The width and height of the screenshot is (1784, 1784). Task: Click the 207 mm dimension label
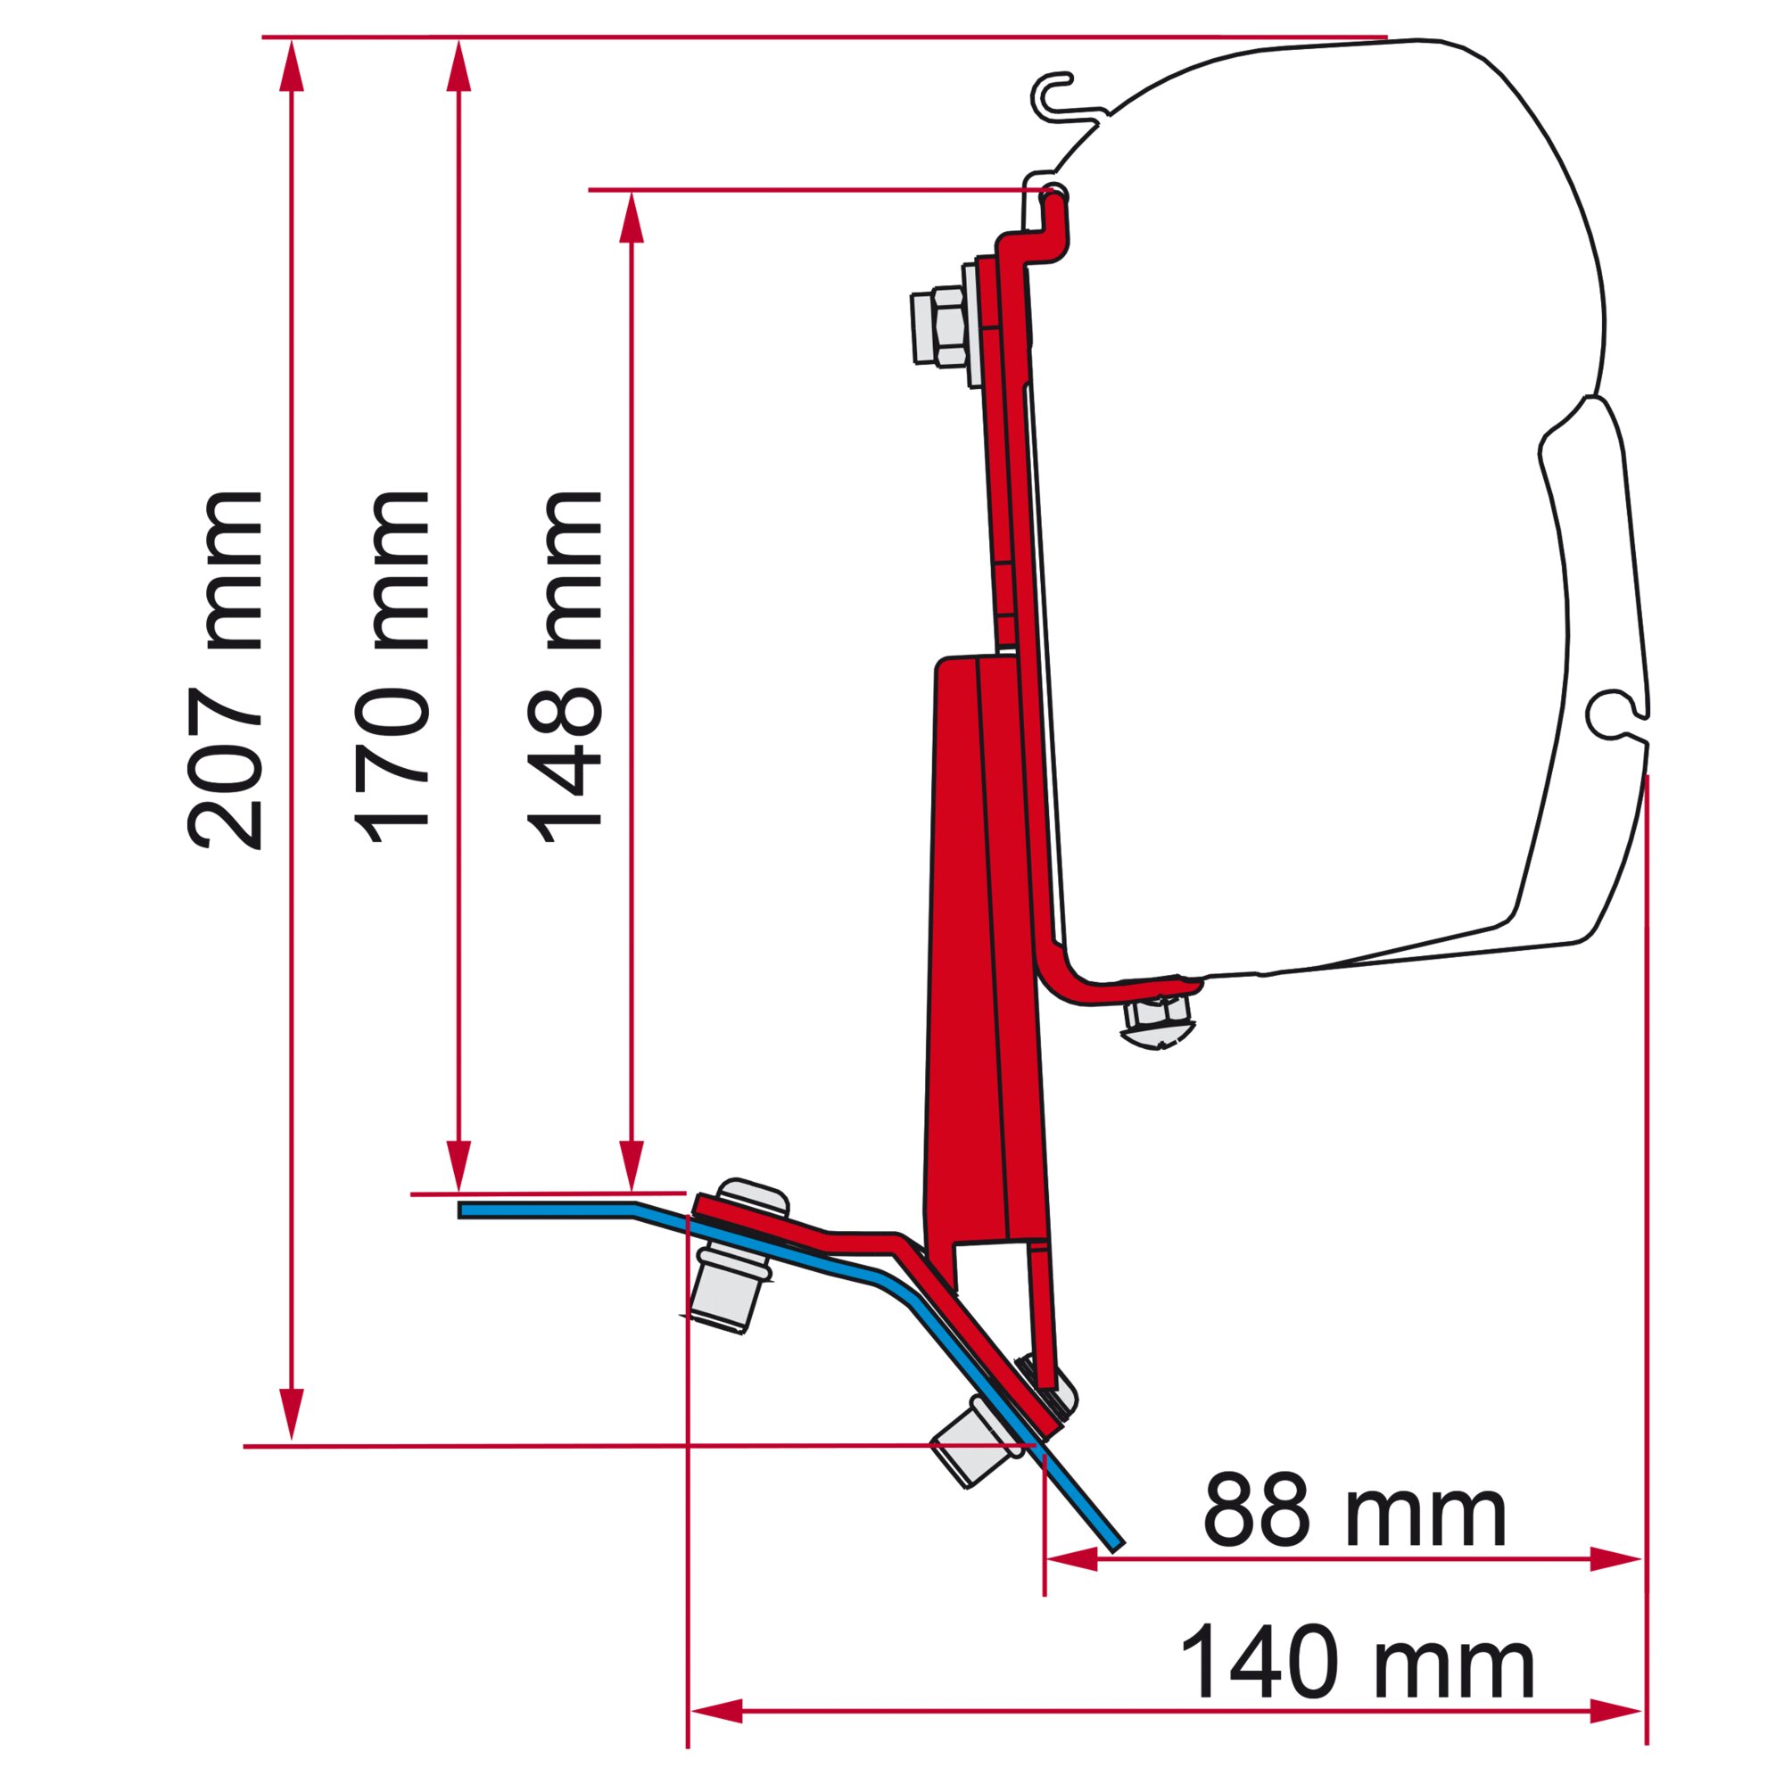[226, 670]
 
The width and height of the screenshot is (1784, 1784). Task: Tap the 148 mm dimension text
[565, 670]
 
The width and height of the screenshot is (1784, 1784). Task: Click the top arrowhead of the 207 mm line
[291, 64]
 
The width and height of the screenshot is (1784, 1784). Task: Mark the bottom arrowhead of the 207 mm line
[291, 1415]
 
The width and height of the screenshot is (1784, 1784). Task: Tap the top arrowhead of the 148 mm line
[632, 218]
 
